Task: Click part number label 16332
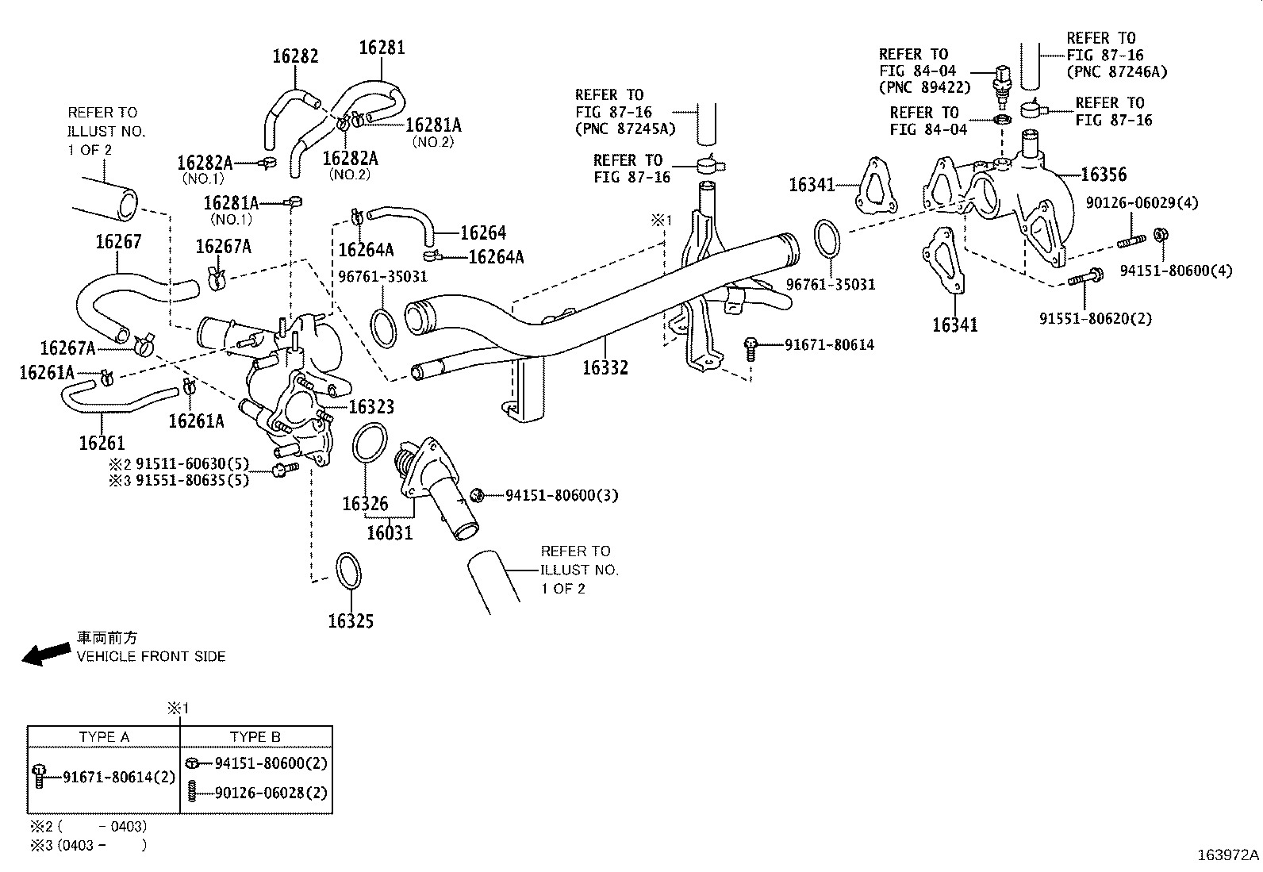coord(605,368)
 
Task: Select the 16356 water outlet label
coord(1103,175)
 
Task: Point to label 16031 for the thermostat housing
coord(390,532)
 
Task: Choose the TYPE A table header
coord(104,737)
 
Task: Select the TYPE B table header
coord(255,737)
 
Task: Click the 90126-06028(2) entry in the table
coord(271,793)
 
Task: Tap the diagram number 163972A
coord(1227,855)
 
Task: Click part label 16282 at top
coord(295,56)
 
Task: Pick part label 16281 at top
coord(382,48)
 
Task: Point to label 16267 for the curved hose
coord(118,242)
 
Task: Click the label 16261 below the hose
coord(102,443)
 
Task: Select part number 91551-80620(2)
coord(1096,319)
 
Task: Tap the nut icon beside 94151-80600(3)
coord(478,495)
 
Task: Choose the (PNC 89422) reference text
coord(925,88)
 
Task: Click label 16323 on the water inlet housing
coord(371,407)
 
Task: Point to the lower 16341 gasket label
coord(954,325)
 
